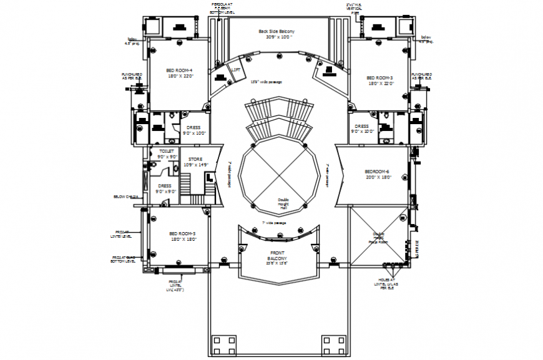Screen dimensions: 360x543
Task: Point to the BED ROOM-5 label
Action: click(182, 235)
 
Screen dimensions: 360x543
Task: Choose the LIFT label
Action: click(236, 71)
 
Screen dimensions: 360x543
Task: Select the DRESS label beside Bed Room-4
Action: click(194, 129)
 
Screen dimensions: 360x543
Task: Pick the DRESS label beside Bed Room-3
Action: click(362, 129)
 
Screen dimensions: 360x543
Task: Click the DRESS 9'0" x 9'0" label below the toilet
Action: click(165, 188)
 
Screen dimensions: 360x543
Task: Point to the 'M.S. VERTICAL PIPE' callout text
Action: click(354, 7)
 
